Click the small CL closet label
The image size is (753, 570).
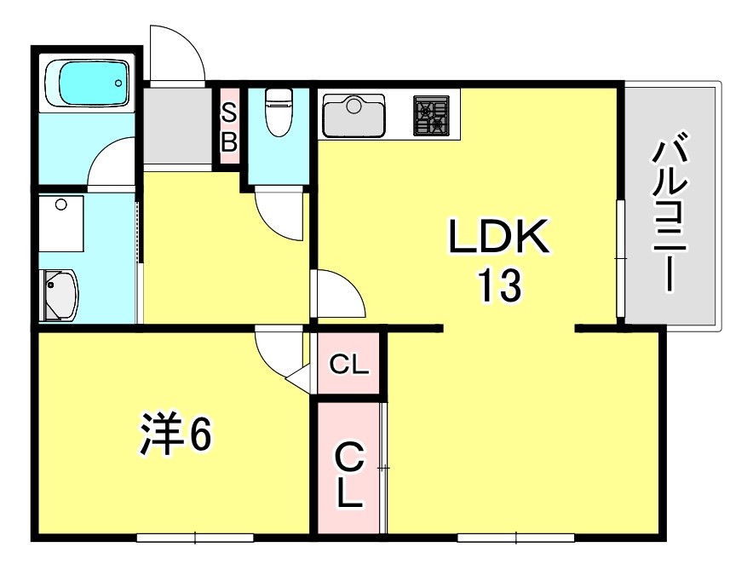(x=348, y=367)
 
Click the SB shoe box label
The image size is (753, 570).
(x=228, y=127)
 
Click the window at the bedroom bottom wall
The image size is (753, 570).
(x=195, y=538)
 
